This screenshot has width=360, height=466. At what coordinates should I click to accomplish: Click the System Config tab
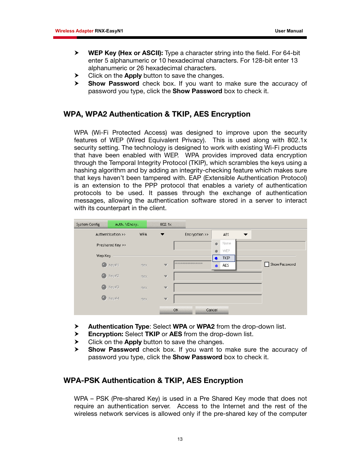(88, 225)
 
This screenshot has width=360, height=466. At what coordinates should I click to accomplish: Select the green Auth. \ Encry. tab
(127, 225)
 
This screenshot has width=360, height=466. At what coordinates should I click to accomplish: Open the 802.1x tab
(166, 225)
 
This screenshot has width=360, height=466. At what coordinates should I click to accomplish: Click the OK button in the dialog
(176, 310)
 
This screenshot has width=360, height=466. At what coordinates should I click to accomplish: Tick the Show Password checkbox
(267, 265)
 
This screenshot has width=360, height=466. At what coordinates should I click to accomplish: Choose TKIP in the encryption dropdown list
(226, 258)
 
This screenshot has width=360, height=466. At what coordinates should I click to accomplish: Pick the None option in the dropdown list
(226, 243)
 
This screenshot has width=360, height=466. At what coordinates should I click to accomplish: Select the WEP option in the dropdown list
(226, 251)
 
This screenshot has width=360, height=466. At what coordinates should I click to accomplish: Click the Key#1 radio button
(104, 265)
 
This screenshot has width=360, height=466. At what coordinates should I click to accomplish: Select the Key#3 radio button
(104, 287)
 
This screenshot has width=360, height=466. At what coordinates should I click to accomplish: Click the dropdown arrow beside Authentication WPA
(163, 234)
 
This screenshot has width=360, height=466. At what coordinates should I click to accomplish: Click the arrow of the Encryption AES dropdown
(246, 235)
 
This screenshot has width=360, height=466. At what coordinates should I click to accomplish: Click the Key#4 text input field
(218, 299)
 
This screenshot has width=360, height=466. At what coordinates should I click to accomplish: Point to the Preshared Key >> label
(111, 245)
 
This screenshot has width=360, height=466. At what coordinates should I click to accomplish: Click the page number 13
(180, 439)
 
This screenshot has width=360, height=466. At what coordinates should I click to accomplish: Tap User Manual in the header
(289, 31)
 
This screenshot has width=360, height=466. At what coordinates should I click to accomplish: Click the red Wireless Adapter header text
(74, 31)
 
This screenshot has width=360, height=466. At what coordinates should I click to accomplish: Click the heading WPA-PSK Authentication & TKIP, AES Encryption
(153, 380)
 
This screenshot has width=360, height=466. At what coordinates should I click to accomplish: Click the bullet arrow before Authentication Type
(77, 326)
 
